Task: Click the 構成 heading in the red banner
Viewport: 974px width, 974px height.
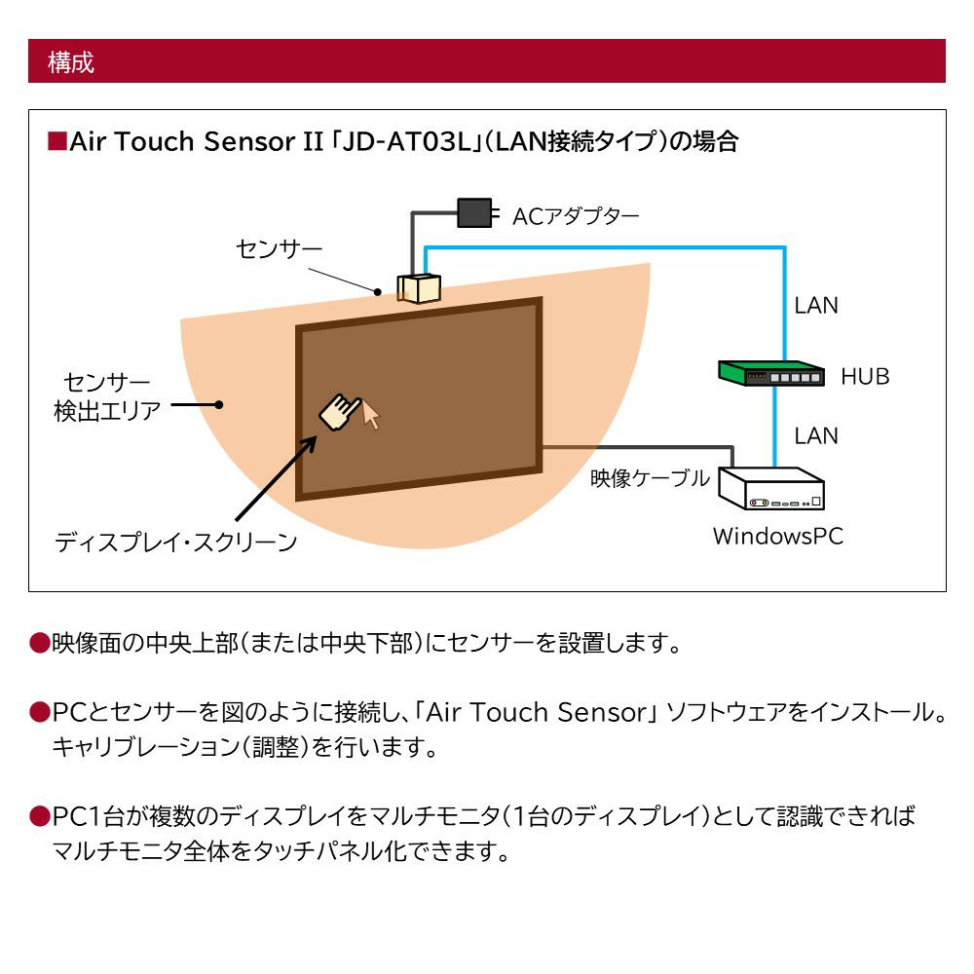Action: (x=71, y=62)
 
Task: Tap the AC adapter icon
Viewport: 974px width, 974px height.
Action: (x=475, y=212)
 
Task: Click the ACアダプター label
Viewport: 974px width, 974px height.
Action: (x=576, y=215)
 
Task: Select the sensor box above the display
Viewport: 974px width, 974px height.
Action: (x=419, y=288)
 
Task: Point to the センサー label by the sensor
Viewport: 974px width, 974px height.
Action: (x=279, y=249)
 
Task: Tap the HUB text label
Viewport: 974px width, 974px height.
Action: (x=865, y=376)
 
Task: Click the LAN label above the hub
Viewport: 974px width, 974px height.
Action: (x=815, y=305)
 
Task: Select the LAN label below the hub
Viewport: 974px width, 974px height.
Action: (x=815, y=434)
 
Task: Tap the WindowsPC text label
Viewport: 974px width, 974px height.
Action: (x=777, y=536)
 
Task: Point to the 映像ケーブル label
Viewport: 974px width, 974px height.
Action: (x=651, y=478)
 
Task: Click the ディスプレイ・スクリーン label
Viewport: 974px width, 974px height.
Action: (x=175, y=543)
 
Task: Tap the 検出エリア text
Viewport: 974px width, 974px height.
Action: (x=107, y=411)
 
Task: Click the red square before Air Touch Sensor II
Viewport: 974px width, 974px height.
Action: (x=56, y=143)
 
